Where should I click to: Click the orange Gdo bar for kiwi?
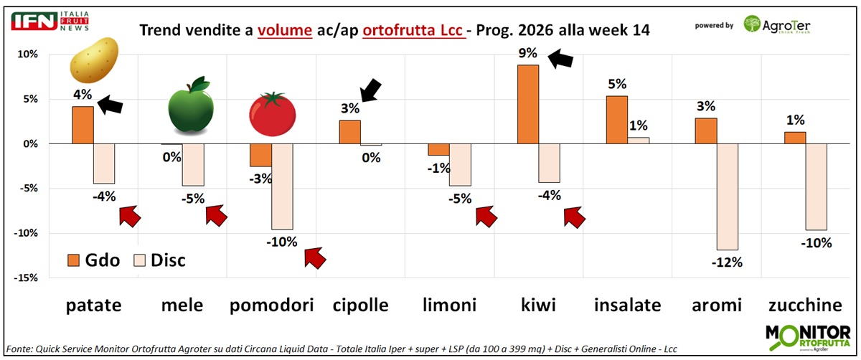[527, 104]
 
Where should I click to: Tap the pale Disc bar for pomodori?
[283, 186]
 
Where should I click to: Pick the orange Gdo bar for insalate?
[617, 120]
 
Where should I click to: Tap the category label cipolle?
[360, 305]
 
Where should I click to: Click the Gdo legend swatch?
[73, 259]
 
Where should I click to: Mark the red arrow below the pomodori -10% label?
[314, 257]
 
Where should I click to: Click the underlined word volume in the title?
[285, 30]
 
